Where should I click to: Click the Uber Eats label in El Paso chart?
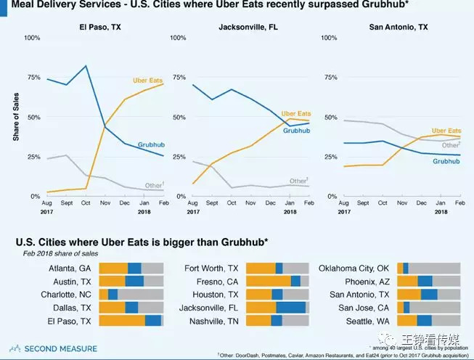(147, 79)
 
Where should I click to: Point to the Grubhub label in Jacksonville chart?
(296, 131)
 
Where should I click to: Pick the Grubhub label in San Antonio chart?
(447, 161)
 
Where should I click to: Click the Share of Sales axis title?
(15, 117)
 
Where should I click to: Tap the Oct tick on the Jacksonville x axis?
(232, 204)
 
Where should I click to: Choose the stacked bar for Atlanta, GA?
(131, 268)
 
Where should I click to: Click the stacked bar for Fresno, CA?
(278, 281)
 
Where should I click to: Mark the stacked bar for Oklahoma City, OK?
(429, 268)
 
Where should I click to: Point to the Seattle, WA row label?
(369, 320)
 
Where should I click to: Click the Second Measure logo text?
(60, 349)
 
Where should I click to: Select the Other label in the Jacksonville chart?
(298, 181)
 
